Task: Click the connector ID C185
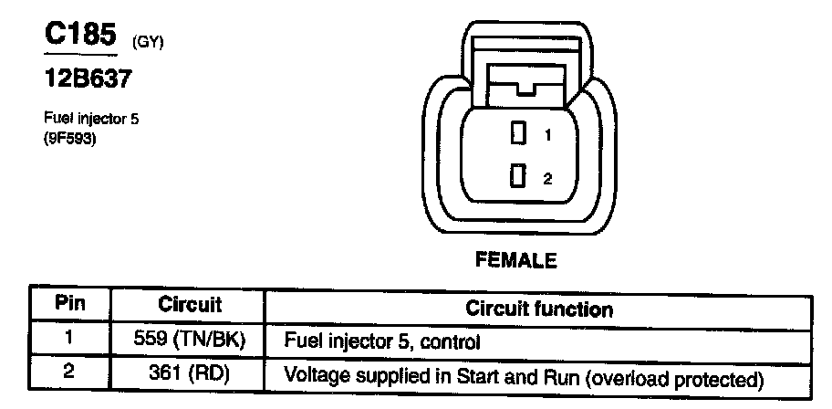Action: click(80, 36)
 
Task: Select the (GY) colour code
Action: click(148, 41)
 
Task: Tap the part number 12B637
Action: click(88, 79)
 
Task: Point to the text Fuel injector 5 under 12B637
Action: click(90, 119)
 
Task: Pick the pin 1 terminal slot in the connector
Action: click(518, 134)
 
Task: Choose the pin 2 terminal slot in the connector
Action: click(518, 177)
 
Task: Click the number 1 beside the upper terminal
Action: click(547, 135)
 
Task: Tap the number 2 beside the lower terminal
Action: click(547, 179)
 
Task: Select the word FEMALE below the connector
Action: click(515, 261)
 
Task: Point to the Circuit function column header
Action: click(539, 309)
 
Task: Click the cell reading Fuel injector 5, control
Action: click(382, 341)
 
